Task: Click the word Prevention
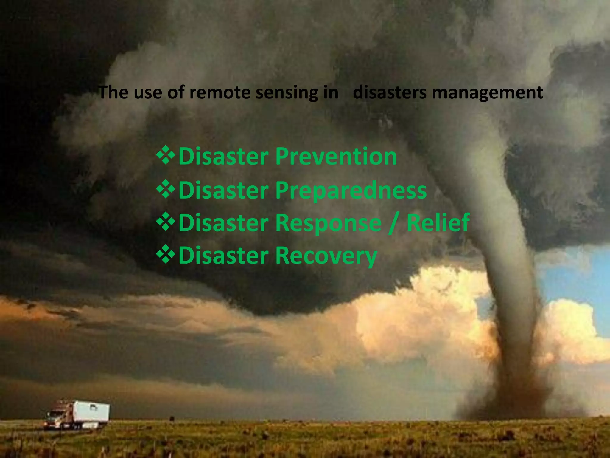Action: pos(336,156)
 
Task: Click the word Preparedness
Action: pos(351,190)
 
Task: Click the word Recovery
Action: pos(326,256)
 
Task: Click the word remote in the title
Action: pos(220,92)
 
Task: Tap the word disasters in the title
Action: pos(390,92)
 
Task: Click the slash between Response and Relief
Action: pos(394,223)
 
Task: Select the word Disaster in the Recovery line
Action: pos(223,256)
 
